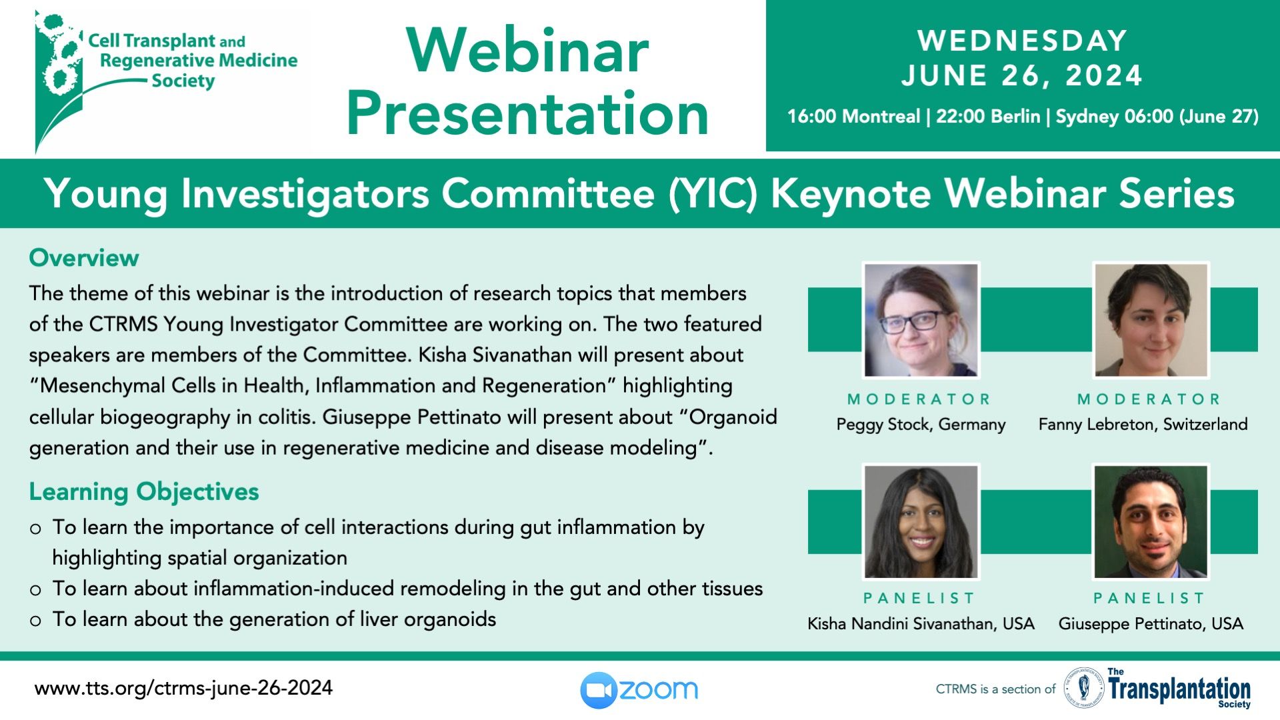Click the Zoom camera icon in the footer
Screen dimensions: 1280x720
pos(598,689)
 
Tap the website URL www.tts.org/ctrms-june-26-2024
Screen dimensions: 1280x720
pos(183,688)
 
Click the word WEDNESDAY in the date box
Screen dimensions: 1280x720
pos(1022,41)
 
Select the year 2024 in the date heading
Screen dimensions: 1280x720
pos(1104,75)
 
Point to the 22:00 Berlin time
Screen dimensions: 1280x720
pos(988,116)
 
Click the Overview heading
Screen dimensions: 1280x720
pos(84,257)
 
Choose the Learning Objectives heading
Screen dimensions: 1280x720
pos(144,491)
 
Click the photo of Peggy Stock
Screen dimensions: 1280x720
pos(921,320)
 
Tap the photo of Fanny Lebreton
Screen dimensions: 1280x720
pos(1151,320)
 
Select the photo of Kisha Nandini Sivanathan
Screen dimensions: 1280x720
pos(921,521)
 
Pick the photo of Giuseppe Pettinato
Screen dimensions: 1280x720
pos(1151,521)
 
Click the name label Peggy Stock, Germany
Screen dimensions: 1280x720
pos(921,425)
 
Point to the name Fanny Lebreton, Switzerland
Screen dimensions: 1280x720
pos(1143,425)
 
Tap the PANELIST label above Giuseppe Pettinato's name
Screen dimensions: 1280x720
pos(1149,598)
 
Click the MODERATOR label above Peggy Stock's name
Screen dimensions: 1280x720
pos(919,399)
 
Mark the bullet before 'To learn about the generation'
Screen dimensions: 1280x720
pos(35,621)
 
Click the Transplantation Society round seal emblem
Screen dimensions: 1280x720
pos(1083,689)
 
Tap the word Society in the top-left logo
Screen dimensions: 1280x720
pos(183,81)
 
